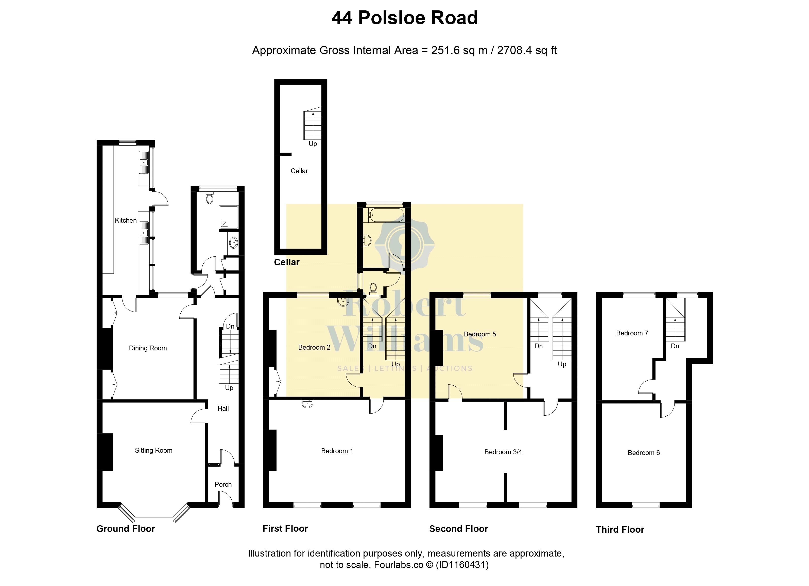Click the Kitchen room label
click(126, 220)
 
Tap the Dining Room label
click(148, 348)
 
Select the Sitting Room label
click(153, 451)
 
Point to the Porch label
click(223, 485)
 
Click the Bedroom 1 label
click(337, 451)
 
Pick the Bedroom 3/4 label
click(503, 452)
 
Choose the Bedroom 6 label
click(644, 453)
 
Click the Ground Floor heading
click(126, 529)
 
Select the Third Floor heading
click(620, 530)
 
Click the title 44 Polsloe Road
click(404, 18)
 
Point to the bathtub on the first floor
click(386, 215)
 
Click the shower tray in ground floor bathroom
click(228, 217)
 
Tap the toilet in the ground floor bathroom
click(210, 198)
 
